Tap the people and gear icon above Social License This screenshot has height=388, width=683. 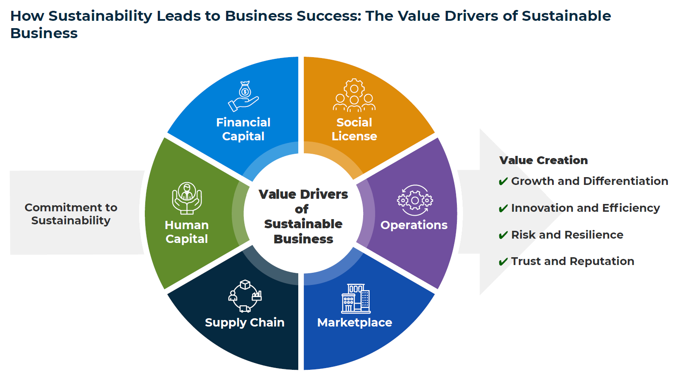tap(354, 95)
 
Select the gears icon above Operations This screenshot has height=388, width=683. tap(415, 200)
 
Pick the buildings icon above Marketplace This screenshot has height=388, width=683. tap(355, 298)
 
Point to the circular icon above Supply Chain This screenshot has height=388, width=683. tap(245, 296)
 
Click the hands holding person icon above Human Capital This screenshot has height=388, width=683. tap(187, 198)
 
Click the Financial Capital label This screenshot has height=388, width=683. tap(243, 129)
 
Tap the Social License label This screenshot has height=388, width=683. tap(354, 129)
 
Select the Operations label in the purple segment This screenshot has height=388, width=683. tap(414, 225)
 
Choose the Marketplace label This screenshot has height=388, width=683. tap(354, 323)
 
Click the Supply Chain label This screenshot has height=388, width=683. tap(245, 323)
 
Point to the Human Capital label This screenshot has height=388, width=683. tap(187, 232)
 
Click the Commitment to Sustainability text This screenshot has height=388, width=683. tap(71, 214)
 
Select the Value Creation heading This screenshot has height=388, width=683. tap(543, 160)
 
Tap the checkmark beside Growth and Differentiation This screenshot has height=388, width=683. tap(503, 181)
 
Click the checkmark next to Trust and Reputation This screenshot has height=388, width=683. tap(503, 262)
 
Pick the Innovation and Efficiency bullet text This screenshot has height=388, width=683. tap(585, 208)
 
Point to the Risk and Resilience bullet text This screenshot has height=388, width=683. tap(567, 235)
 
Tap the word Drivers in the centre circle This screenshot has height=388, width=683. tap(323, 194)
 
